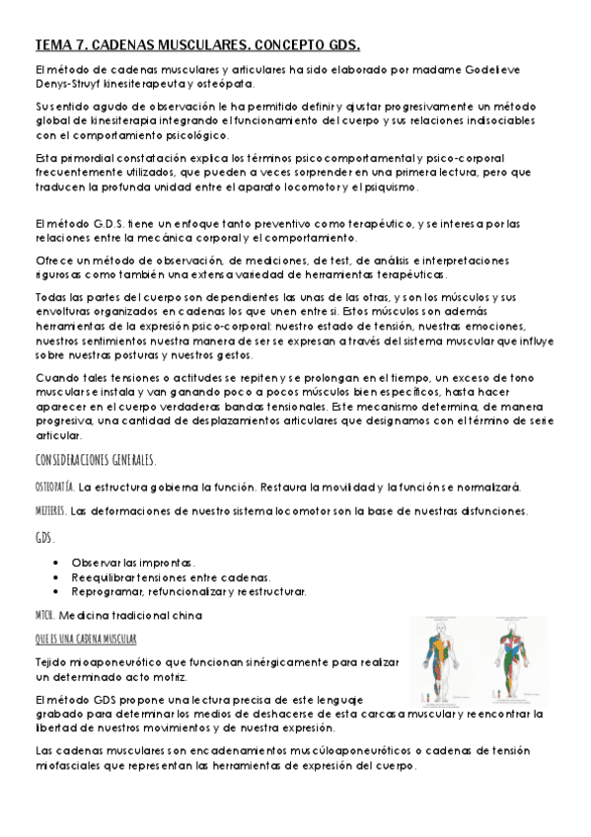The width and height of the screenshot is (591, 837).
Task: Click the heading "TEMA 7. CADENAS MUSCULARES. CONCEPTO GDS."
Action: [x=197, y=45]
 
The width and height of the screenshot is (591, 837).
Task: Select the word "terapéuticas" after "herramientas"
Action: [x=416, y=274]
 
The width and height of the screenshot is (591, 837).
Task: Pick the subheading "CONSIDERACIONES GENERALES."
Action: [x=95, y=461]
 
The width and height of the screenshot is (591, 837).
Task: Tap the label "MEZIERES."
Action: [x=50, y=511]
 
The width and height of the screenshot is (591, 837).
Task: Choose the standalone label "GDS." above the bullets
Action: [x=44, y=538]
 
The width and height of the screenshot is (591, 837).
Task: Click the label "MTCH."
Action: [x=46, y=615]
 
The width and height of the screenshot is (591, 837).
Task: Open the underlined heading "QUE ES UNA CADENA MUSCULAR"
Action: [x=86, y=639]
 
